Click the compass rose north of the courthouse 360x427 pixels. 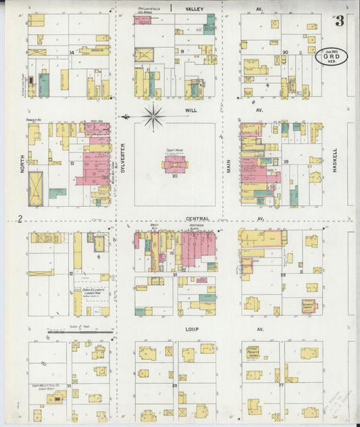tap(154, 116)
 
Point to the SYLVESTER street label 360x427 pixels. tap(124, 158)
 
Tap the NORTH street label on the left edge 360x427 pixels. tap(22, 161)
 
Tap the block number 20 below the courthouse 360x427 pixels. tap(175, 176)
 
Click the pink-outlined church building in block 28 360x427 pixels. tap(309, 306)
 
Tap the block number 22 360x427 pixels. tap(174, 385)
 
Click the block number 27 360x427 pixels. tap(281, 384)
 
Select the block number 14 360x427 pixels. tap(72, 52)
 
